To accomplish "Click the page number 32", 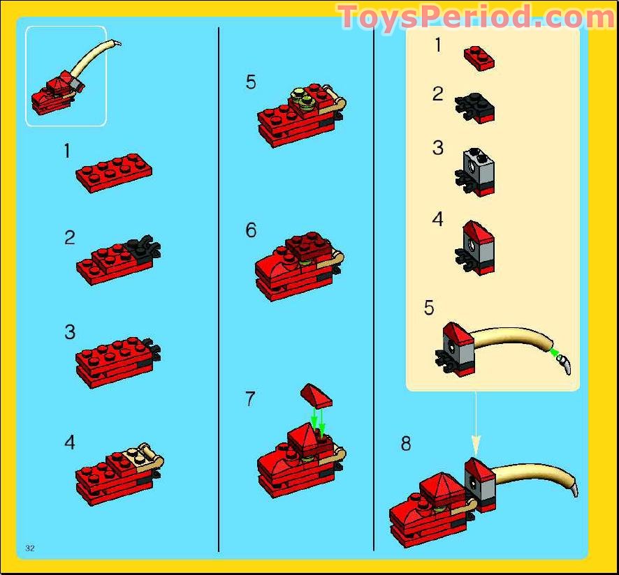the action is click(x=30, y=548).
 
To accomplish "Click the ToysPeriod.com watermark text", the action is click(x=476, y=17).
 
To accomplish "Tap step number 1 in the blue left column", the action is click(x=68, y=151).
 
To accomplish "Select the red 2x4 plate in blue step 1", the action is click(x=114, y=173).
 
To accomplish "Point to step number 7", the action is click(x=250, y=399).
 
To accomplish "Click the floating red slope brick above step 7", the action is click(x=316, y=396).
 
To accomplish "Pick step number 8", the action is click(x=406, y=443).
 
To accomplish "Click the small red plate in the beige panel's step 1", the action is click(x=479, y=59).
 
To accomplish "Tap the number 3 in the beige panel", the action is click(x=438, y=148).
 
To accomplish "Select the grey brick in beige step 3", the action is click(x=479, y=167).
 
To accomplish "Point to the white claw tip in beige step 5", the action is click(x=565, y=364).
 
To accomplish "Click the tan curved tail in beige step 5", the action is click(x=514, y=336).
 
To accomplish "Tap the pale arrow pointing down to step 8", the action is click(x=476, y=424).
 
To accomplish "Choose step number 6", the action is click(x=251, y=230).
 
